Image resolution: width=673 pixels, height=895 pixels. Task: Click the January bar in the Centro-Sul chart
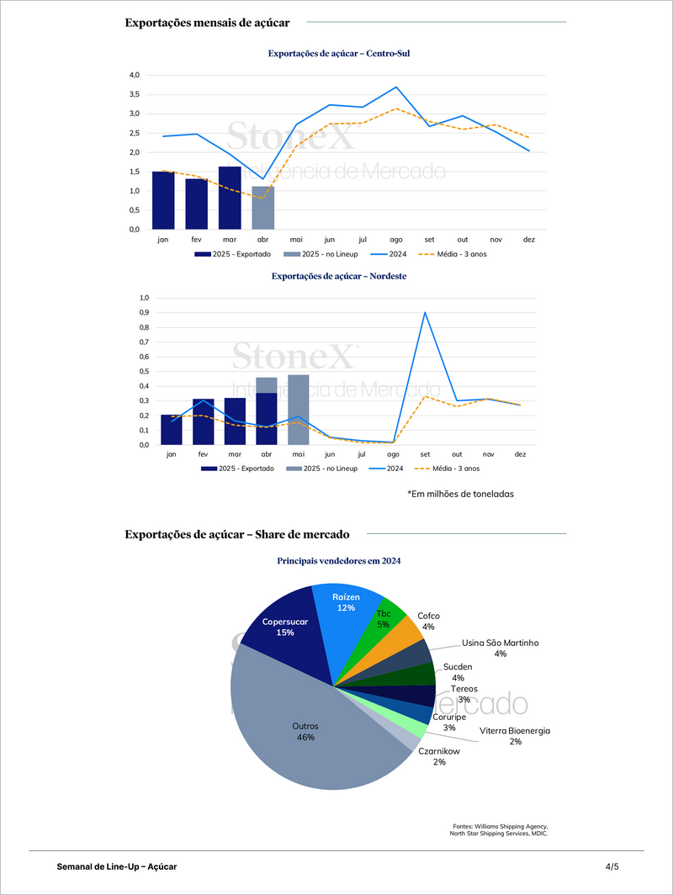pyautogui.click(x=163, y=200)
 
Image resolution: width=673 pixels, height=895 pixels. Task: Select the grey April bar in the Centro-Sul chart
pyautogui.click(x=262, y=208)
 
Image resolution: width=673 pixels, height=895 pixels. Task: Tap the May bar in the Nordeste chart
pyautogui.click(x=298, y=410)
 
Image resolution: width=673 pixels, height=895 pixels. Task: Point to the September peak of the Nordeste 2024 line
pyautogui.click(x=425, y=313)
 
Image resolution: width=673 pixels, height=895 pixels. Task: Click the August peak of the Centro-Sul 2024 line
pyautogui.click(x=396, y=87)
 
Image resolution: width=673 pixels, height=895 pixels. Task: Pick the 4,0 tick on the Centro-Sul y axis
pyautogui.click(x=133, y=75)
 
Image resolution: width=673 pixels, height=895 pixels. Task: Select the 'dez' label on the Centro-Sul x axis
pyautogui.click(x=528, y=240)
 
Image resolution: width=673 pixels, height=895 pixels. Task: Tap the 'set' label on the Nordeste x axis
pyautogui.click(x=425, y=454)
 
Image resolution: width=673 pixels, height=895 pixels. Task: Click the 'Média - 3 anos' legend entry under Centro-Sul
pyautogui.click(x=455, y=253)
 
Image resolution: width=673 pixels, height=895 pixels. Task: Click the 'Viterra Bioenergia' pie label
pyautogui.click(x=514, y=731)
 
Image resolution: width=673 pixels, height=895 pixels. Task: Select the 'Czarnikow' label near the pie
pyautogui.click(x=439, y=750)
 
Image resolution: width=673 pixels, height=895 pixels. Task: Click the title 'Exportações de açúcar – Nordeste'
pyautogui.click(x=339, y=275)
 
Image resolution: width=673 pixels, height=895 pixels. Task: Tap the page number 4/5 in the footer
pyautogui.click(x=612, y=866)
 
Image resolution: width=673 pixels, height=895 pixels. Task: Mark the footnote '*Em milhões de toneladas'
pyautogui.click(x=460, y=494)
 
